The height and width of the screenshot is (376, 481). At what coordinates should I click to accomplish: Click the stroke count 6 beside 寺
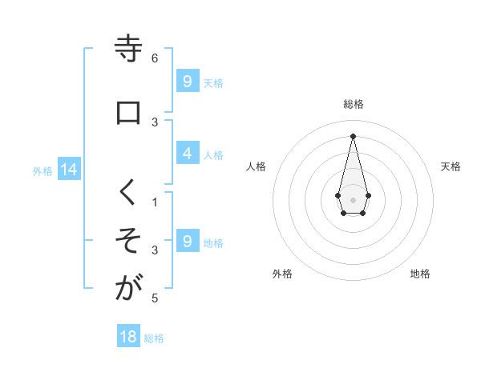155,58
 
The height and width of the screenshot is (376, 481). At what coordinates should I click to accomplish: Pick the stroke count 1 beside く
155,202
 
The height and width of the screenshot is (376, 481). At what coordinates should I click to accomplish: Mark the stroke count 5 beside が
155,298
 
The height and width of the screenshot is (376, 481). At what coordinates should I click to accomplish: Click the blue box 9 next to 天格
187,82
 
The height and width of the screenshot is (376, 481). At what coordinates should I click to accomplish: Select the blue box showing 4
187,154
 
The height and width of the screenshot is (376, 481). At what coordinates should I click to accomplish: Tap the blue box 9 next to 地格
187,242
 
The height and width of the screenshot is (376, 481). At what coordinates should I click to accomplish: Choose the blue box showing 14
69,170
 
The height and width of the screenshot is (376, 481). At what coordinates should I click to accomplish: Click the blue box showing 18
128,337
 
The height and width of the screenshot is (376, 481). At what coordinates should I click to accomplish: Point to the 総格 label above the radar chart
354,104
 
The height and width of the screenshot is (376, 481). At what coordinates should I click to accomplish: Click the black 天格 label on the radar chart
451,166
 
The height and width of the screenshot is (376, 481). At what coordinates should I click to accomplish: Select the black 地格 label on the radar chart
420,274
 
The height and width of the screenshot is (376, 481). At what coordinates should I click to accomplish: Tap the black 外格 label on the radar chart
282,274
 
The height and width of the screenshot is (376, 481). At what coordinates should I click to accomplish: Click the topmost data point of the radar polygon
353,135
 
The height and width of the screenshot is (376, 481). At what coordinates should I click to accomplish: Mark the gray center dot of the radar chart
353,198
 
